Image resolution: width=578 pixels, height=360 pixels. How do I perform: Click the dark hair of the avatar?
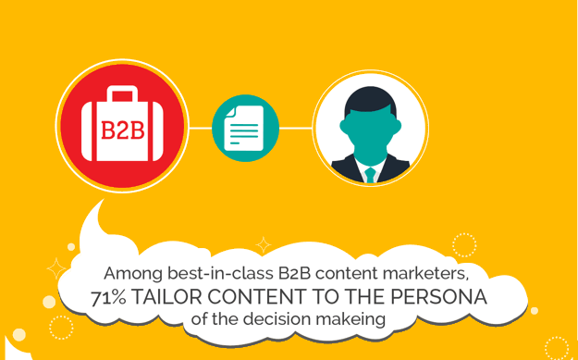370,98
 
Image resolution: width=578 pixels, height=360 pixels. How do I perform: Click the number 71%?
111,298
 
